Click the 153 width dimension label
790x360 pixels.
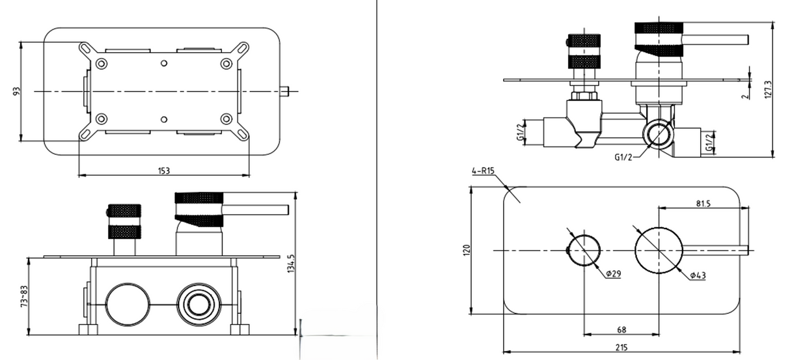pyautogui.click(x=163, y=171)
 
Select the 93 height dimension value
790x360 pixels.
pyautogui.click(x=16, y=92)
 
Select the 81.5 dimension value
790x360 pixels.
pyautogui.click(x=702, y=203)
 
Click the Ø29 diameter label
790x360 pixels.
pyautogui.click(x=612, y=274)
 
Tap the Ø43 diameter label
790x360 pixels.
pyautogui.click(x=698, y=275)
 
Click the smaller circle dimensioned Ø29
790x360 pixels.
pyautogui.click(x=583, y=250)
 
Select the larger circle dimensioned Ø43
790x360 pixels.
pyautogui.click(x=658, y=250)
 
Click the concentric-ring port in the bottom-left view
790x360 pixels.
pyautogui.click(x=198, y=305)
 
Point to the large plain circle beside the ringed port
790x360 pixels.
pyautogui.click(x=128, y=305)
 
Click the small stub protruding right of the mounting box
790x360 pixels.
pyautogui.click(x=284, y=92)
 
